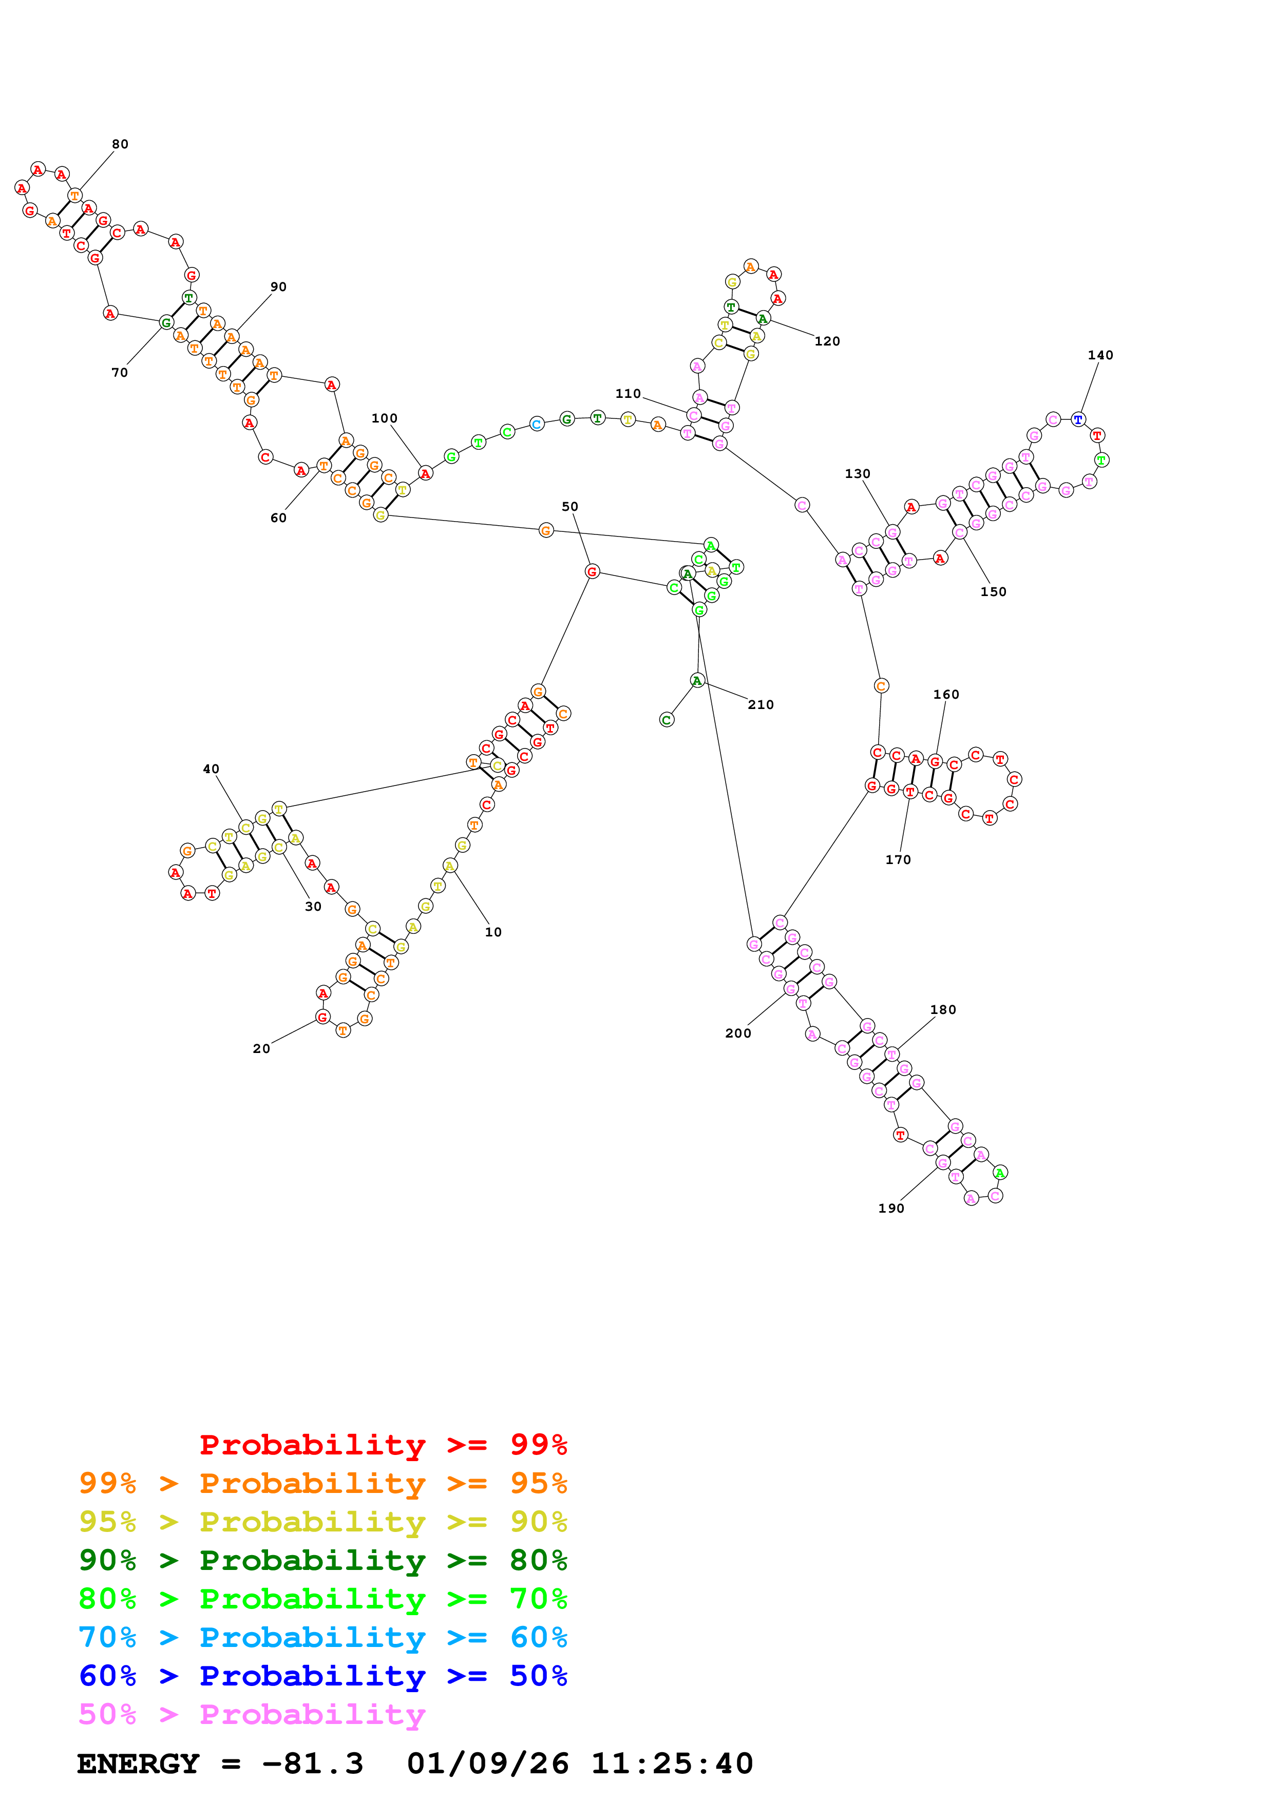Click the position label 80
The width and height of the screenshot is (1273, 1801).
point(120,144)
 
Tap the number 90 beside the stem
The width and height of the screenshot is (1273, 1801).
point(278,287)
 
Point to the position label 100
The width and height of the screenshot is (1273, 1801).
point(384,419)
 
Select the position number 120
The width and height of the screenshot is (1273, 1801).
point(827,341)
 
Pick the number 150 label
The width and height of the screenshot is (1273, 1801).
point(993,592)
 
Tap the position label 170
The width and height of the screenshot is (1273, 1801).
point(898,860)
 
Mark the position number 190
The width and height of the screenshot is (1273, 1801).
point(891,1208)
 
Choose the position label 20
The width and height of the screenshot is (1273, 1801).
point(261,1049)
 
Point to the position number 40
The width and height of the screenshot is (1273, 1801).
point(211,770)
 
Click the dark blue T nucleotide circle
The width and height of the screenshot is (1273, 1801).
point(1078,419)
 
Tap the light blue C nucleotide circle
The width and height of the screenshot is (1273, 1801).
point(537,425)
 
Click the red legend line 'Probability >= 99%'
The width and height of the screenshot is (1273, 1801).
point(383,1445)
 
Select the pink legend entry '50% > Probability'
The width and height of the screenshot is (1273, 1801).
point(251,1715)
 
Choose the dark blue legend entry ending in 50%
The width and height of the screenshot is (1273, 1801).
point(322,1676)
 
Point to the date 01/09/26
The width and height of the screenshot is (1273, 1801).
point(488,1764)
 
